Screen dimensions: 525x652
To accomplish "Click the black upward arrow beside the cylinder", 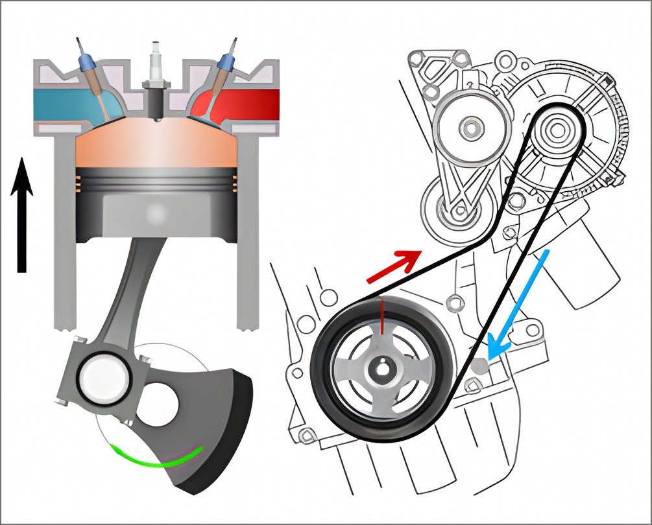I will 22,214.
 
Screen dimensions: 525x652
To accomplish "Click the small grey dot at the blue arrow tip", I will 481,366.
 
